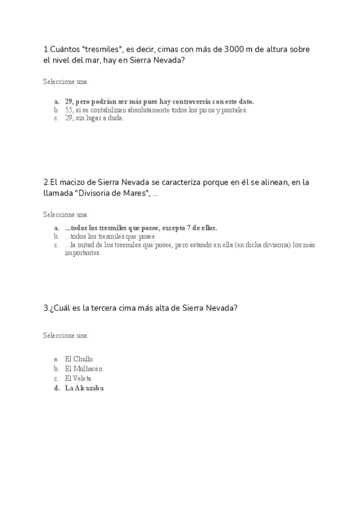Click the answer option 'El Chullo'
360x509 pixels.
pos(79,359)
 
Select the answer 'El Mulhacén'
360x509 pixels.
pos(83,369)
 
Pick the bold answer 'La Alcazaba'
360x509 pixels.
pos(84,388)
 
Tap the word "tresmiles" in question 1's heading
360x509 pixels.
pos(100,49)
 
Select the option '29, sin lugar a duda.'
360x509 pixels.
pos(94,118)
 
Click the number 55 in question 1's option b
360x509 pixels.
pos(69,110)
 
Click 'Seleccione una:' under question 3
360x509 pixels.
pos(65,335)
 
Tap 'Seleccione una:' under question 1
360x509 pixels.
pos(65,81)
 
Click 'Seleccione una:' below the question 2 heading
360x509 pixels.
pos(65,214)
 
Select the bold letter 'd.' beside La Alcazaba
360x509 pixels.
pos(56,388)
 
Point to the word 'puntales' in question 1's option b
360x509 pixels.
pos(235,110)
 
